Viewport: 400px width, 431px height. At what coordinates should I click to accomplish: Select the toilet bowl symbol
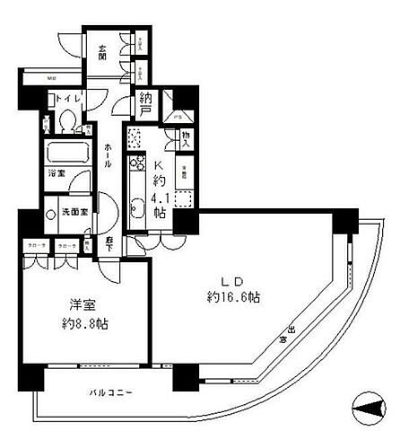67,121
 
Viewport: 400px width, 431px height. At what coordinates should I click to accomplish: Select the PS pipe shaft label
178,116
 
